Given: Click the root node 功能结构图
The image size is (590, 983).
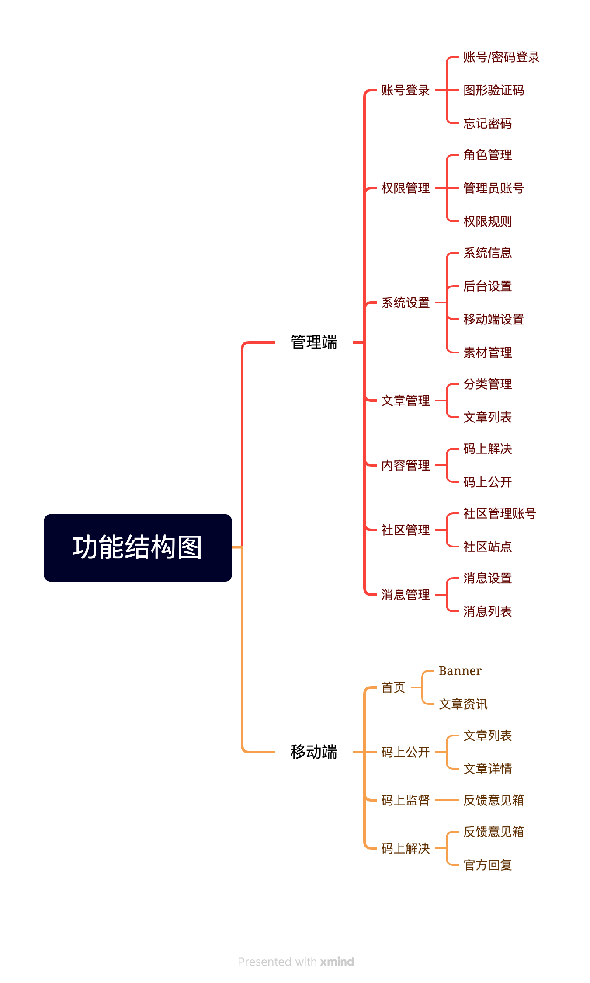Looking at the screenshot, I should [x=138, y=547].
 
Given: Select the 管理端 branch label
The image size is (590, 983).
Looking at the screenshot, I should [x=314, y=342].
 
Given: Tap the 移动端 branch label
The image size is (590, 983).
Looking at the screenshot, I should [x=314, y=752].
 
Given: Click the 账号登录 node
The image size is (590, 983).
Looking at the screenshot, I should [x=405, y=91].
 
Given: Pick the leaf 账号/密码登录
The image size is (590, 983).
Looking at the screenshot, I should [x=501, y=57].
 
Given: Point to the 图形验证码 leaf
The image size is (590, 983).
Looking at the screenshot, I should [x=493, y=91].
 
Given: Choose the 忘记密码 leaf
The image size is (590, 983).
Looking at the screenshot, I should [x=487, y=124].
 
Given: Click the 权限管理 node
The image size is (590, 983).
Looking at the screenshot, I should [x=405, y=188].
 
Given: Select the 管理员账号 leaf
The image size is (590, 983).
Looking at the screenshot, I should [x=493, y=188].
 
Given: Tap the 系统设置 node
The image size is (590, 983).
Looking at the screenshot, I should [x=405, y=303].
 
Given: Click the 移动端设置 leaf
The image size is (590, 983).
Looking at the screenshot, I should [x=493, y=320].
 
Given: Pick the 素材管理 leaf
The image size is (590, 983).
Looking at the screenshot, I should [x=487, y=352].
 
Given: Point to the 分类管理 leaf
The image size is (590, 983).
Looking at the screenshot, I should [x=487, y=384].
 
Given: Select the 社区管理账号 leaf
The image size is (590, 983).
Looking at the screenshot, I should [x=500, y=513].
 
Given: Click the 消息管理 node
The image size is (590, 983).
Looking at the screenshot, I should [x=405, y=595].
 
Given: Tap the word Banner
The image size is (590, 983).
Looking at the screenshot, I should [x=460, y=671].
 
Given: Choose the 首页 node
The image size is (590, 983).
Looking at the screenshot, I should [x=393, y=687].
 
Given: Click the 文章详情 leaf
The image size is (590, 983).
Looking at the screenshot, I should [x=487, y=769].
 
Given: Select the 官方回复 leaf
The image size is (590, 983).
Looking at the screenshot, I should [x=487, y=865].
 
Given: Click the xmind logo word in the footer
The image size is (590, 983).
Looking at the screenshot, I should [x=337, y=962].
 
